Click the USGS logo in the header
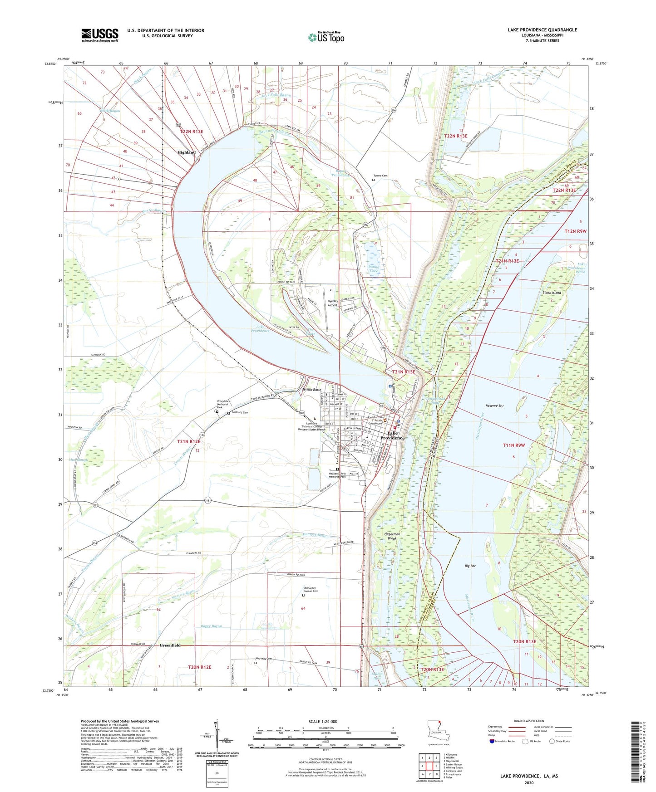tap(100, 35)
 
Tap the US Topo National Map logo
tap(326, 37)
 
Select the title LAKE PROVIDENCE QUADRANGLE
tap(542, 30)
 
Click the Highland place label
tap(186, 152)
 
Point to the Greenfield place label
tap(170, 645)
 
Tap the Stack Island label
tap(552, 293)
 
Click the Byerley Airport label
tap(333, 303)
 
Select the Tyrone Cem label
tap(380, 176)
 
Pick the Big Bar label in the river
tap(470, 566)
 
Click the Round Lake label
tap(374, 269)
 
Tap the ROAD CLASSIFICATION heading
tap(529, 721)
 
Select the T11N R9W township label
tap(513, 445)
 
